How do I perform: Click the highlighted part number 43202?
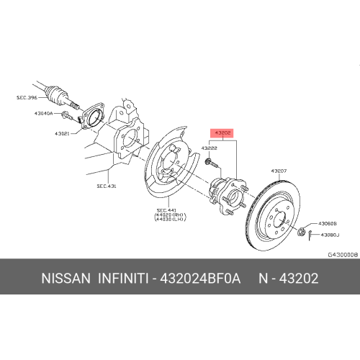221,132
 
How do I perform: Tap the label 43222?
209,148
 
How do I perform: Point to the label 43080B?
328,223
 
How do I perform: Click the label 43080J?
330,235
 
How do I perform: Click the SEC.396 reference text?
27,96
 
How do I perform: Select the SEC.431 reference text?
107,186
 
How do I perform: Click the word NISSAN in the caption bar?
66,278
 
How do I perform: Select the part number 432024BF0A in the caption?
197,278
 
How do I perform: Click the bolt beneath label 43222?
209,165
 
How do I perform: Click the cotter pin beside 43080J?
307,233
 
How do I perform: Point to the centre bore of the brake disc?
278,215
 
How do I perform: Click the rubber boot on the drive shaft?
57,93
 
